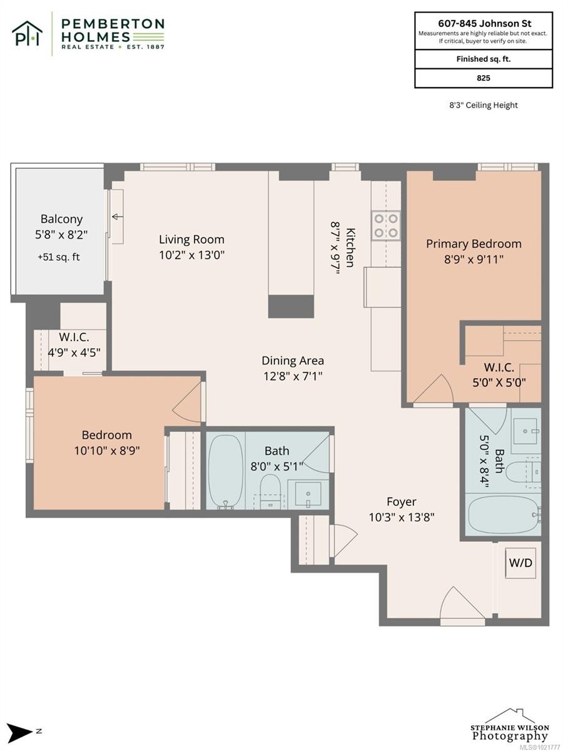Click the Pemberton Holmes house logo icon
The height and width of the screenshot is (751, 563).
point(27,33)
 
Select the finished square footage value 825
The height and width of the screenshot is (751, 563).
point(483,78)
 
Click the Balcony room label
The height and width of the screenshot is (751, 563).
point(61,219)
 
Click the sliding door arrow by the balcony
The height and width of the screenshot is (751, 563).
point(117,217)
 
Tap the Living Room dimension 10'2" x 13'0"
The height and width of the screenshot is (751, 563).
point(191,255)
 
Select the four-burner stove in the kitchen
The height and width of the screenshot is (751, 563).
point(386,225)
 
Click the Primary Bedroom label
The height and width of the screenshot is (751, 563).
point(474,244)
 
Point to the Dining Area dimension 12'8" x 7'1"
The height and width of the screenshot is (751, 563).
point(293,377)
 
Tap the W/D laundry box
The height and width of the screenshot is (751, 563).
point(520,563)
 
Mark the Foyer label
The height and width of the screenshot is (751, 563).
point(401,502)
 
